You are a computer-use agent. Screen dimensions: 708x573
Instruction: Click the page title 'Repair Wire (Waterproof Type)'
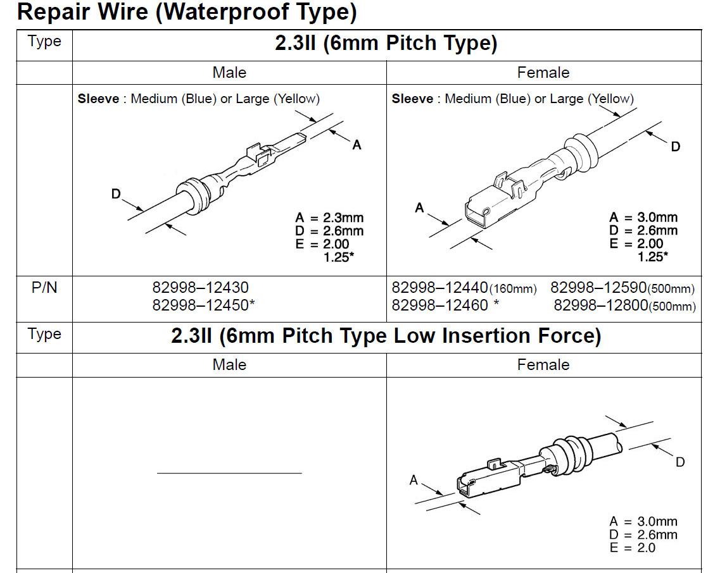[186, 12]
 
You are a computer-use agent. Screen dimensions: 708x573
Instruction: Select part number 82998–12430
[200, 287]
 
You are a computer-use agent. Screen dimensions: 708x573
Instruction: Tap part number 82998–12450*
[203, 305]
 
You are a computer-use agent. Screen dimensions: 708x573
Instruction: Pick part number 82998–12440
[439, 287]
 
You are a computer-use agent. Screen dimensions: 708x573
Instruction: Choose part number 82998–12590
[598, 287]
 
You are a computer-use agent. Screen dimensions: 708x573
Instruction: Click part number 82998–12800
[601, 305]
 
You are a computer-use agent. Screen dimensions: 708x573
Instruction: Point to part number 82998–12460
[439, 305]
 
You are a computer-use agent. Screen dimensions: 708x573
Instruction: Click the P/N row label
[44, 287]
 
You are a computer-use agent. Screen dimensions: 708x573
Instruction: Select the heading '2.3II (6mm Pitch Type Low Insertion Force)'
[386, 336]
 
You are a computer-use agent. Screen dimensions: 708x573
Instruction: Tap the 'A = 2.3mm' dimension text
[329, 218]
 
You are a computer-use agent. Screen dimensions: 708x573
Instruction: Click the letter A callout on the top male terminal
[357, 145]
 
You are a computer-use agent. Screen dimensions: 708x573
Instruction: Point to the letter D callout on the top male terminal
[116, 194]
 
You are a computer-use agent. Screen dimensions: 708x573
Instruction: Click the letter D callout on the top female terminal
[676, 147]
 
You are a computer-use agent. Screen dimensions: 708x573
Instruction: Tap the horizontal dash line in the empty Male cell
[229, 473]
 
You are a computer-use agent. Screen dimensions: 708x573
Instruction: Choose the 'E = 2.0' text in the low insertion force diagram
[632, 548]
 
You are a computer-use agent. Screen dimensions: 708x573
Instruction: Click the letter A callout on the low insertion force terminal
[414, 480]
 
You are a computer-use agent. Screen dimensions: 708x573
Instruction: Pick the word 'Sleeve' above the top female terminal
[412, 99]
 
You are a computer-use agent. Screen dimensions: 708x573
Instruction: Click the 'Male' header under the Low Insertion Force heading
[229, 365]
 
